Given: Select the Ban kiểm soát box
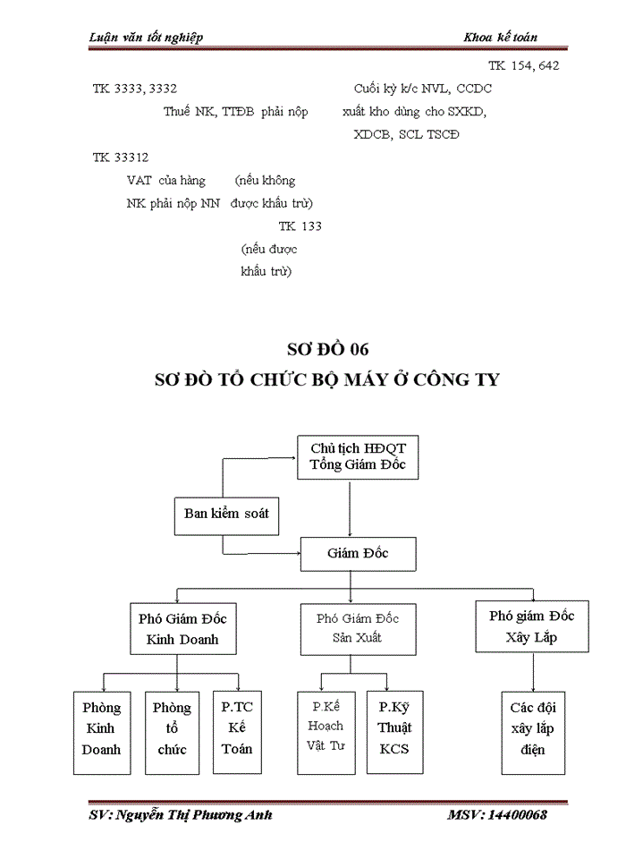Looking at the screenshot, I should (x=226, y=514).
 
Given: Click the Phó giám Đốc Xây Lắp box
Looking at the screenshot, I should (x=531, y=626).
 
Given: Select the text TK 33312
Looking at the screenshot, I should (x=121, y=157).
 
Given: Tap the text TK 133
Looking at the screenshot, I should (x=300, y=226).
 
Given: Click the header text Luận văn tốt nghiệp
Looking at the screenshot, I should (x=147, y=37).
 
